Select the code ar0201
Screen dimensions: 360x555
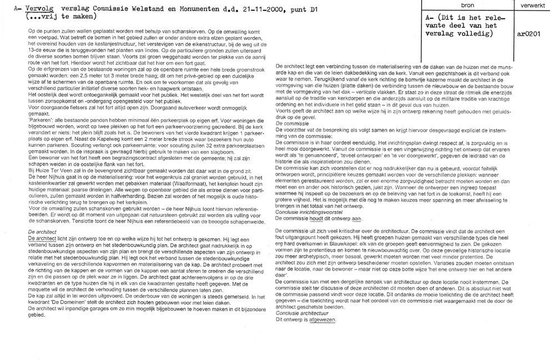(x=529, y=33)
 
